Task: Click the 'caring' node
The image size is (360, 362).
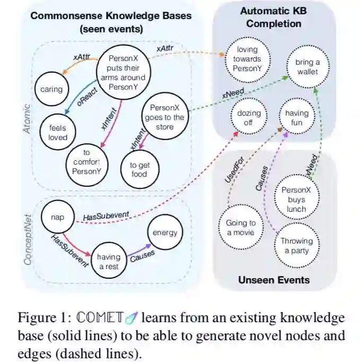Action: tap(51, 90)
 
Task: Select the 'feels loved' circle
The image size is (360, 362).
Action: tap(58, 133)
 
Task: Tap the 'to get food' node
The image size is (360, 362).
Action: tap(139, 169)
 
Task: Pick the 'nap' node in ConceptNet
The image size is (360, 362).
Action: tap(57, 217)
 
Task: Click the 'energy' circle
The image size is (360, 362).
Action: tap(165, 232)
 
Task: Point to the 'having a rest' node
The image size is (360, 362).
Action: tap(109, 261)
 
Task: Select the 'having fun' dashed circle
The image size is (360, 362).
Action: tap(296, 117)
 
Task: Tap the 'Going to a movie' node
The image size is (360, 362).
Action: tap(241, 227)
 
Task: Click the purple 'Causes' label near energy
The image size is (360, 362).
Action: tap(142, 254)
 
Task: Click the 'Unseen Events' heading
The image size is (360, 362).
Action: tap(274, 280)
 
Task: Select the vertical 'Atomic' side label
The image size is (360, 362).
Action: tap(28, 118)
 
